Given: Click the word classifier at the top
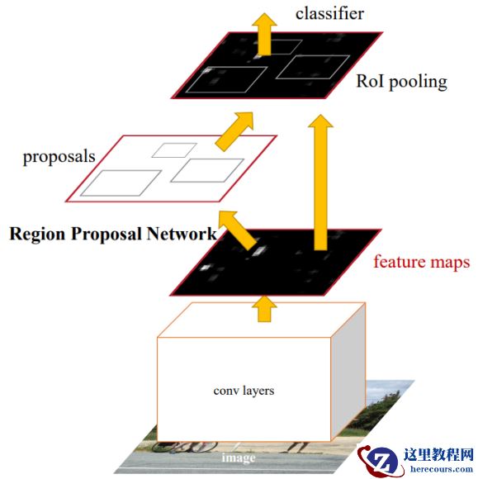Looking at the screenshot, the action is pos(329,14).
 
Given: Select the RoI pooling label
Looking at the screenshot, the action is pos(401,82).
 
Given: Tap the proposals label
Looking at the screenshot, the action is pos(59,157).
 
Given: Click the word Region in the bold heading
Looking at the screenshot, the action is pos(37,235).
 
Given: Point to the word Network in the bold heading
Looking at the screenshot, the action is pos(181,234).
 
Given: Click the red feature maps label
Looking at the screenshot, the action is pos(422,263).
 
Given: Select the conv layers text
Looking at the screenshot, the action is pos(244,391).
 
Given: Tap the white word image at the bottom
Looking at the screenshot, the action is pos(239,458).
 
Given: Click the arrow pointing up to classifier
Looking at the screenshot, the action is pos(264,34).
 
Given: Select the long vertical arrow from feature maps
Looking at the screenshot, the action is pos(320,183).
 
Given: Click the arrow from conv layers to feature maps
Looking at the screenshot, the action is pos(264,309).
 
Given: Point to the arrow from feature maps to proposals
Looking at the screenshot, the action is pos(237,230).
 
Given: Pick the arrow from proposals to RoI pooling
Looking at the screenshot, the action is pos(235,130).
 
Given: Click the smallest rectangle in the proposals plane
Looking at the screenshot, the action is pos(174,150).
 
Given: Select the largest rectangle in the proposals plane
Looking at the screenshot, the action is pos(121,183).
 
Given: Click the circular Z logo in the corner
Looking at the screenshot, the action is pos(381,462).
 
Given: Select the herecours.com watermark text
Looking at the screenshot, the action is pos(442,468).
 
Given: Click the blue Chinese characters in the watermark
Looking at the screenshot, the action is pos(438,455).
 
